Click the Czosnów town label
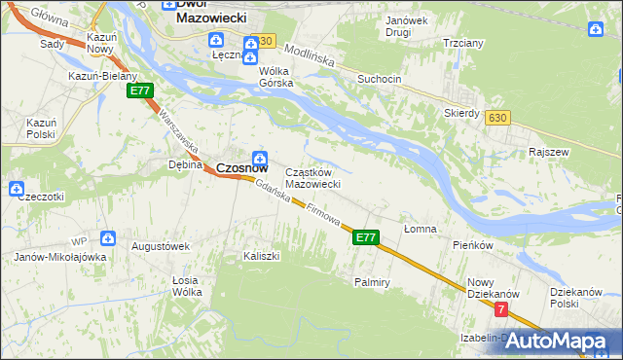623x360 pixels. click(x=241, y=167)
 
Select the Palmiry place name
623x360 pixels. click(x=372, y=282)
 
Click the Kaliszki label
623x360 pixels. click(x=261, y=256)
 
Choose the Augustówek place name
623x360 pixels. click(x=161, y=247)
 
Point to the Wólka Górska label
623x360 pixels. click(x=276, y=77)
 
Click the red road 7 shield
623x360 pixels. click(x=500, y=309)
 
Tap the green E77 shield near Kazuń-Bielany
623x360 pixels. click(x=139, y=90)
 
